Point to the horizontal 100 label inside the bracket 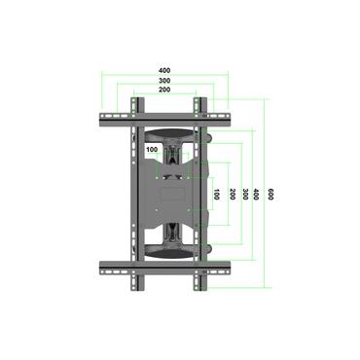click(x=152, y=150)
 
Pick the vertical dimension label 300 click(x=244, y=195)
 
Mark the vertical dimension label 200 click(x=233, y=195)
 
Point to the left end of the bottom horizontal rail click(x=97, y=265)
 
